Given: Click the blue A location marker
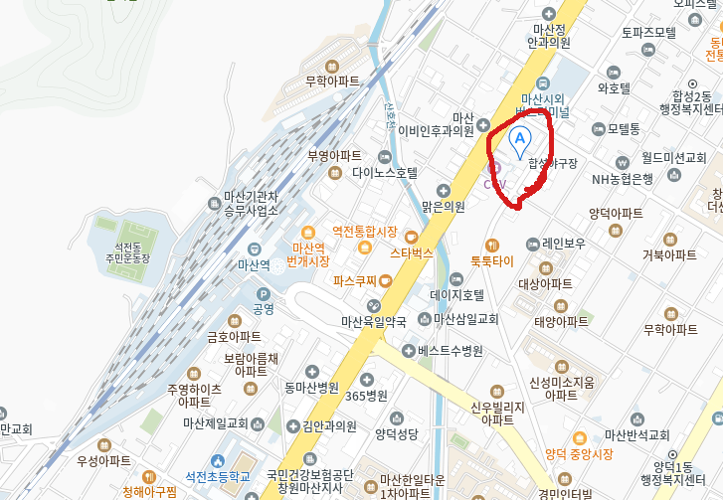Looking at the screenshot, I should [519, 139].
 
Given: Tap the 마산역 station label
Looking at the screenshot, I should [254, 265].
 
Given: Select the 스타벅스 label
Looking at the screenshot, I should [411, 253].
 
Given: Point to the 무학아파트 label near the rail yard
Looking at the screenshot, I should [332, 82].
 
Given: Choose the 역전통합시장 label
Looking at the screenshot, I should [364, 232].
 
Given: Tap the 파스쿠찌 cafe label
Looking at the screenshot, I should [356, 281].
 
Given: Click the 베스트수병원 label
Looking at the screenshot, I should [450, 351].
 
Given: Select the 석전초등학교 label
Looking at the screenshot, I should [210, 477].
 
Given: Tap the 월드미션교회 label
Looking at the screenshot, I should [673, 158].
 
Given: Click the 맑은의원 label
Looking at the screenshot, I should [443, 207].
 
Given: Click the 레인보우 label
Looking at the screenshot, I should [563, 242].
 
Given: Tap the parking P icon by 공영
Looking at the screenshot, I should [263, 294].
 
